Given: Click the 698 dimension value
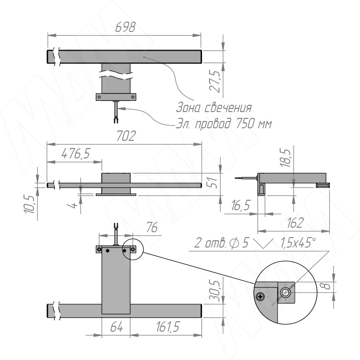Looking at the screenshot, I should pos(125,27).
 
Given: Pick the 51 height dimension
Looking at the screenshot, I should pos(215,183).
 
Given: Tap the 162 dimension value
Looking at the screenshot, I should pos(294,221).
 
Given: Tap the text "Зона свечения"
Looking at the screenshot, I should pos(213,108).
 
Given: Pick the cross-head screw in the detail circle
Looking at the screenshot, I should pos(261,297).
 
